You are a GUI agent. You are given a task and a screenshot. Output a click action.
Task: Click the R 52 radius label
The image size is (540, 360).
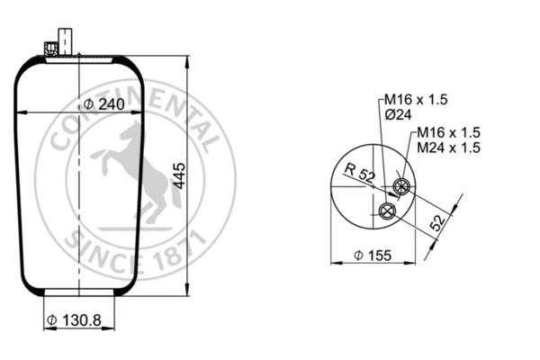coord(359,174)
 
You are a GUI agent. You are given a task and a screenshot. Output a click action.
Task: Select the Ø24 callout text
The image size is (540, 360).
coord(399,114)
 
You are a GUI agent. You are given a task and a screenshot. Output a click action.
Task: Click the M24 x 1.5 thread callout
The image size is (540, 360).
coord(447,147)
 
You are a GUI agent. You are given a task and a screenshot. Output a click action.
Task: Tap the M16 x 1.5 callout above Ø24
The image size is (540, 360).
coord(416,99)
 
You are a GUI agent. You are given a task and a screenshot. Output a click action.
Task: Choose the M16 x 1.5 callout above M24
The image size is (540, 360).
coord(447,132)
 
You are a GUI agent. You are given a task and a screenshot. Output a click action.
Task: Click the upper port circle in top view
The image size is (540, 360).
coord(401,188)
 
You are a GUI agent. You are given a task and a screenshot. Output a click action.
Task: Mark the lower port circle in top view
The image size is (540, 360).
coord(388,211)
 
